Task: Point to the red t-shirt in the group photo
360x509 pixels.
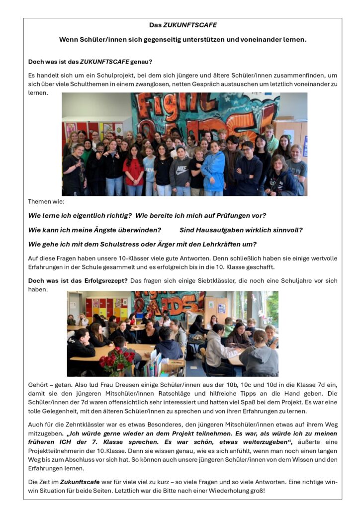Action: click(133, 169)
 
